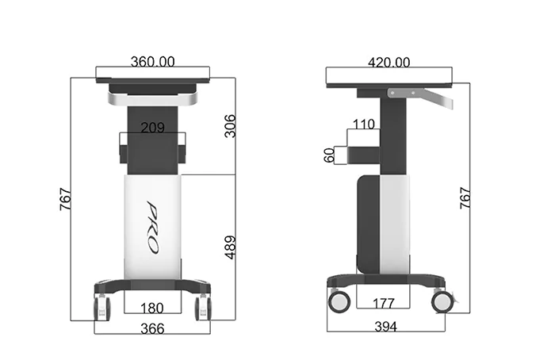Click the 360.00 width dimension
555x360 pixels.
point(152,62)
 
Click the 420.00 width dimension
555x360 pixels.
point(389,63)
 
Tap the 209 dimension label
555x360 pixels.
point(152,128)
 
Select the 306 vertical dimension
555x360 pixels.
point(230,125)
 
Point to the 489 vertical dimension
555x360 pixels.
point(230,247)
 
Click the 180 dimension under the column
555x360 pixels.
point(152,308)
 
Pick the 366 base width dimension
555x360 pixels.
point(152,329)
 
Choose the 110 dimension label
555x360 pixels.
point(364,124)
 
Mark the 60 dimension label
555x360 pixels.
point(329,155)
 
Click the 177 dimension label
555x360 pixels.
point(384,304)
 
